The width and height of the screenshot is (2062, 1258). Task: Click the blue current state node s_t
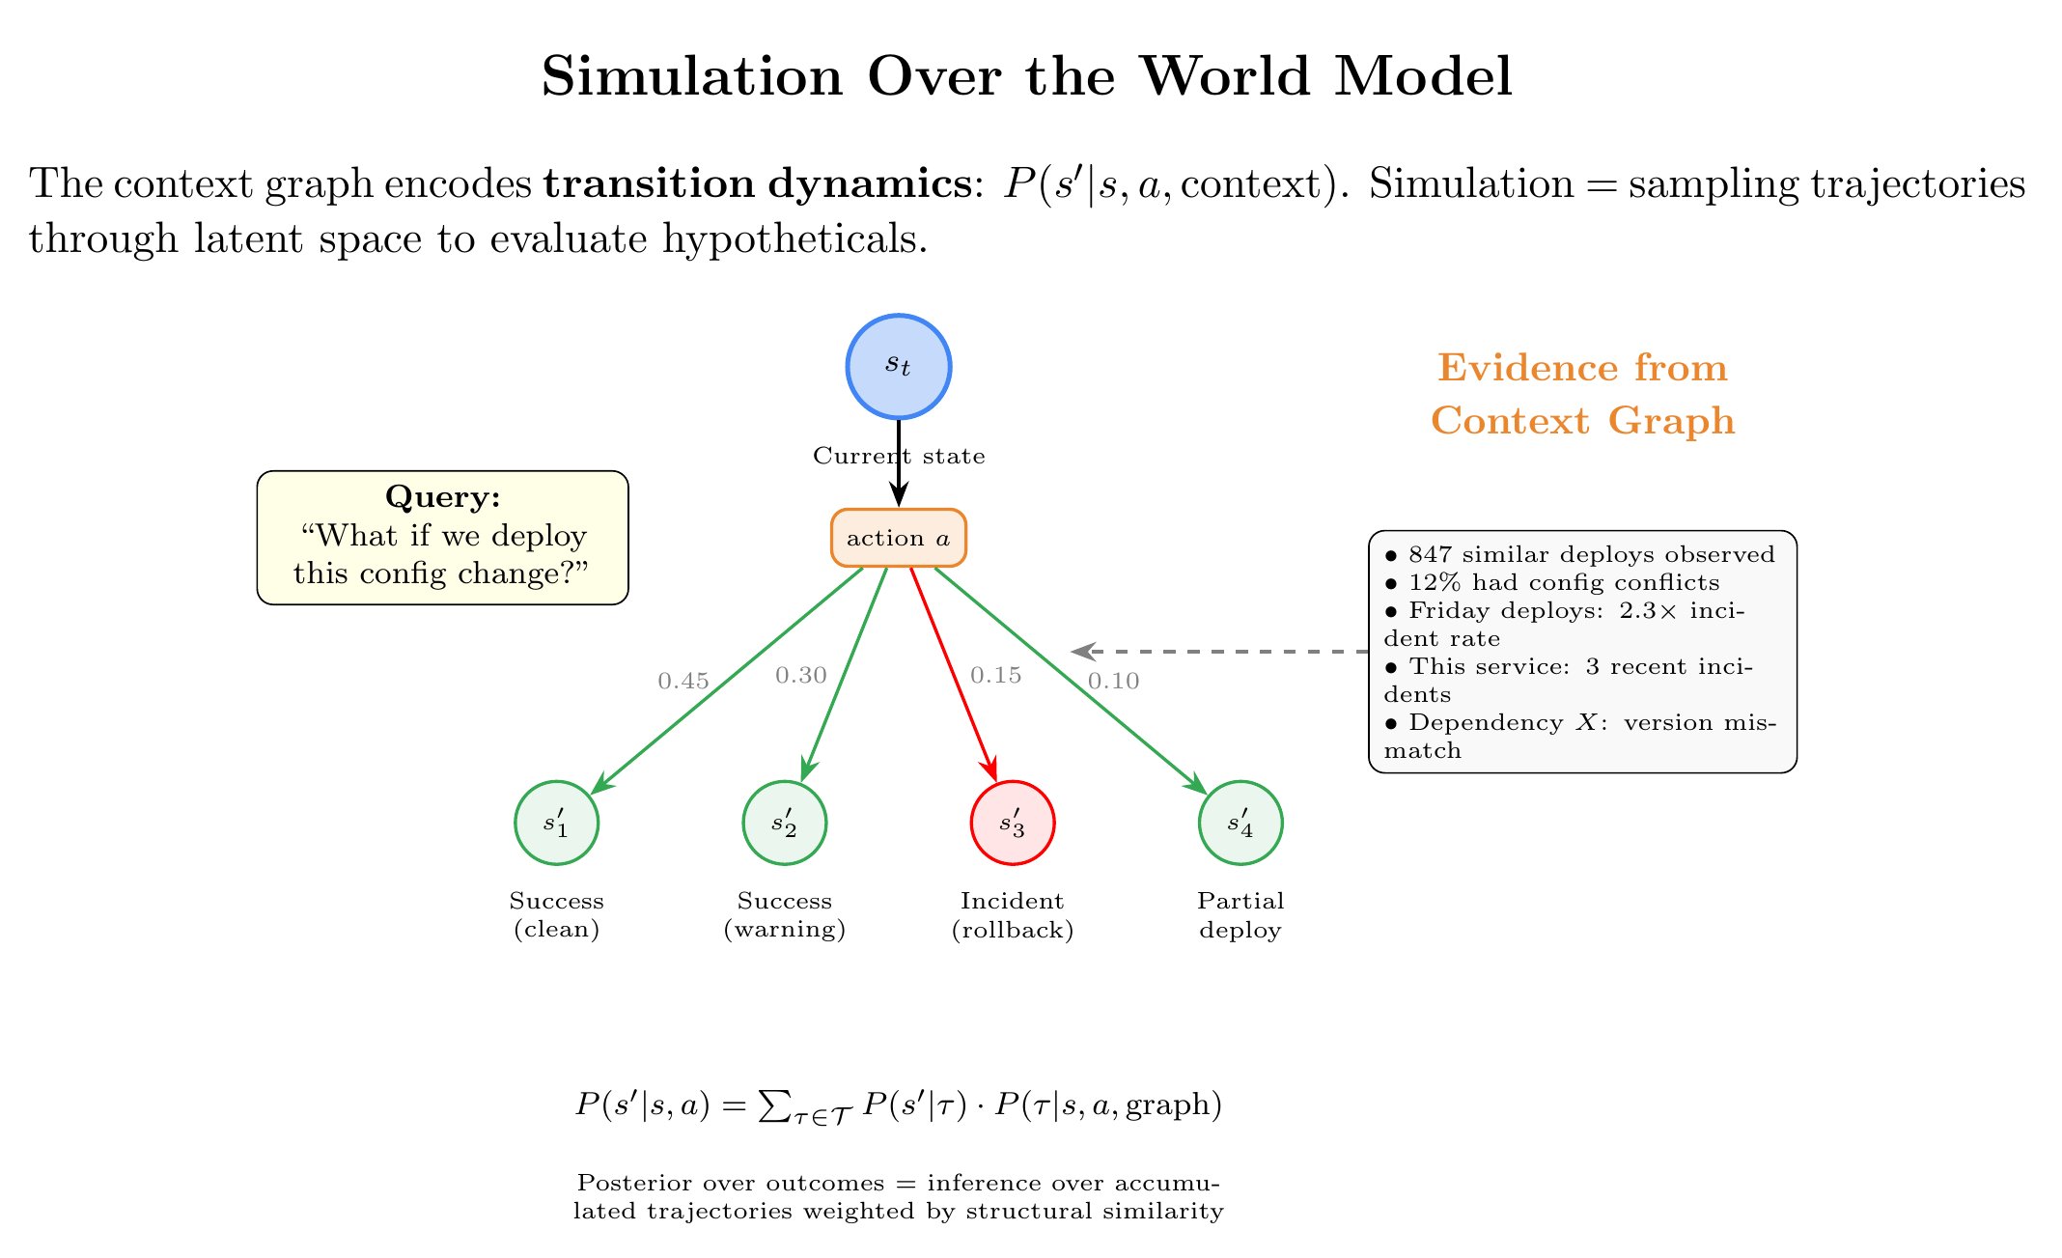coord(899,366)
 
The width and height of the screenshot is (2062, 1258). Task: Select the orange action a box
coord(899,538)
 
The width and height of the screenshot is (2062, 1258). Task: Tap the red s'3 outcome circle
coord(1012,824)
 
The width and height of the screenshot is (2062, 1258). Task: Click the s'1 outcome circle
coord(556,824)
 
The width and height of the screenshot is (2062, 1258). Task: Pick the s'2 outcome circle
coord(784,824)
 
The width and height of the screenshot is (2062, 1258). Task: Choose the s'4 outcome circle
coord(1240,824)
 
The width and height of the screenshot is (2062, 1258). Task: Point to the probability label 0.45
coord(683,682)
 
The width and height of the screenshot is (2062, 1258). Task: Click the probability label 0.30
coord(801,676)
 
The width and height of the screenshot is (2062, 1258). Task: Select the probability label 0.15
coord(996,676)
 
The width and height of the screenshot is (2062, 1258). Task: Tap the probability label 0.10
coord(1114,682)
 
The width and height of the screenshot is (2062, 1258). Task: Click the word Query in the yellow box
coord(442,497)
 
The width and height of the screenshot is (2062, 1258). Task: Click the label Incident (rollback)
coord(1012,915)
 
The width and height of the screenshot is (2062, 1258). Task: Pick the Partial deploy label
coord(1240,915)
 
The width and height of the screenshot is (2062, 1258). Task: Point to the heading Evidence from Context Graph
coord(1582,394)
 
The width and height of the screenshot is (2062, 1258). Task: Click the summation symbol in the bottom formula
coord(772,1105)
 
